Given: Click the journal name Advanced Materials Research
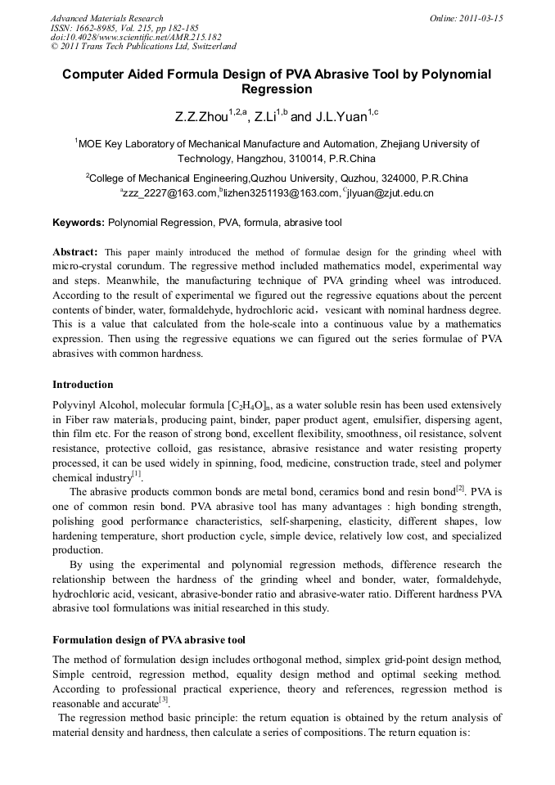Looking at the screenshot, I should pyautogui.click(x=106, y=18).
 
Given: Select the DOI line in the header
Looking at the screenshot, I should pyautogui.click(x=136, y=37).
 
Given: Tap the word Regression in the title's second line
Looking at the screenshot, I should pyautogui.click(x=277, y=89).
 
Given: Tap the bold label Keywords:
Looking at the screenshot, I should pyautogui.click(x=79, y=223).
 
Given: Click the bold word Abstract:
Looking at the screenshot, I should pyautogui.click(x=75, y=252).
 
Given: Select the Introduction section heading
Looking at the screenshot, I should pyautogui.click(x=83, y=384).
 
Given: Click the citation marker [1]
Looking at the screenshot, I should pyautogui.click(x=137, y=474).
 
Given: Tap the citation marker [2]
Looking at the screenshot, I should pyautogui.click(x=460, y=488).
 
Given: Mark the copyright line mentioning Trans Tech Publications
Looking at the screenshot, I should pyautogui.click(x=143, y=47).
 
